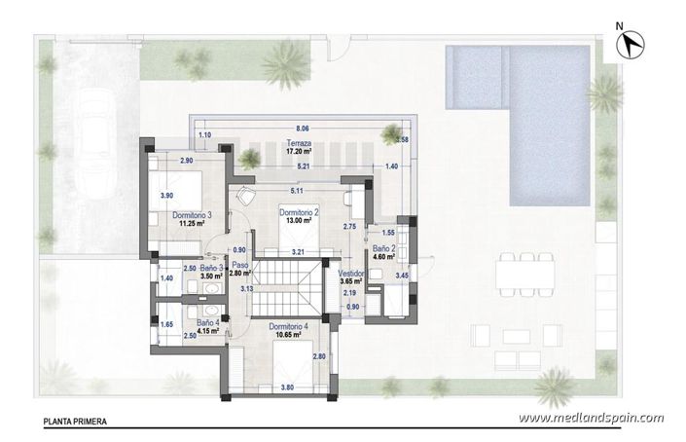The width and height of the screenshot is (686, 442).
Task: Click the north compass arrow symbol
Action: [x=633, y=41]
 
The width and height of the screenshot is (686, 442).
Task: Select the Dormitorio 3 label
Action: [x=192, y=214]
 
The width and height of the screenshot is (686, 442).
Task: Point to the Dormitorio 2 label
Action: [x=299, y=211]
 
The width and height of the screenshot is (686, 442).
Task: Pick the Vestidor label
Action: [x=352, y=274]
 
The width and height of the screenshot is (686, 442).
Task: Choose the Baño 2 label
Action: [x=382, y=249]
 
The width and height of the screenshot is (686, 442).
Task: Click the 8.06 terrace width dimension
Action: [x=302, y=129]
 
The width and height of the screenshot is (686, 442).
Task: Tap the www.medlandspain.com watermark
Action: [x=592, y=419]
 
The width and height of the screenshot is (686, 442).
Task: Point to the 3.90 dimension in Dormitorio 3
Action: [x=166, y=195]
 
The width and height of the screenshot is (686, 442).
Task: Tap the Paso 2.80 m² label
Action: [x=240, y=270]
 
